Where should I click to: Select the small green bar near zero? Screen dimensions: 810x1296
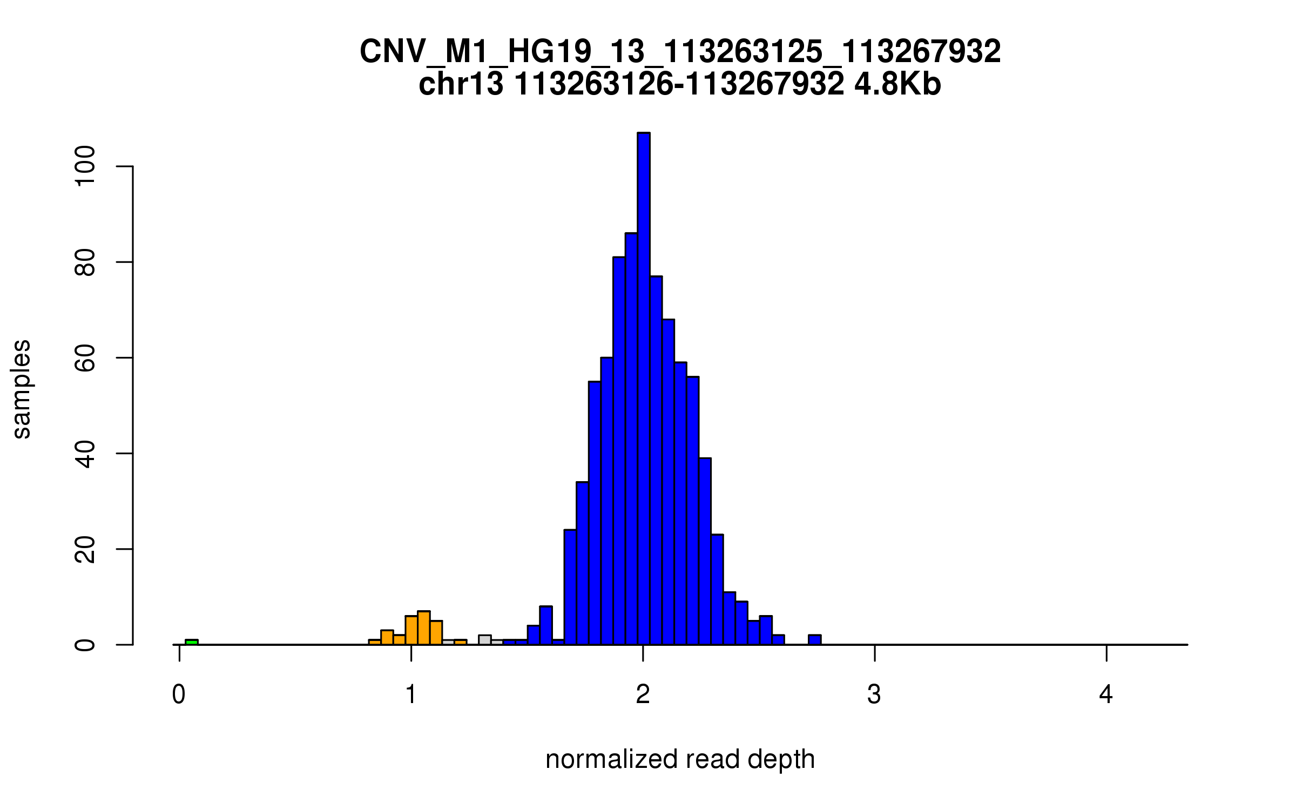coord(191,642)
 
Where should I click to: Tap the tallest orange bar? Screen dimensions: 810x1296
coord(424,628)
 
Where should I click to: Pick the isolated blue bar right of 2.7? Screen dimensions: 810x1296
coord(814,640)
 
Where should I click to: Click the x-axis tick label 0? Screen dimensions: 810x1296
coord(179,694)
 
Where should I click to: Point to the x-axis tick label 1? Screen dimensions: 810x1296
coord(411,694)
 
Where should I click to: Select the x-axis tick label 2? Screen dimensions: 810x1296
coord(643,694)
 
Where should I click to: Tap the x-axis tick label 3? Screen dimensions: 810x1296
coord(874,694)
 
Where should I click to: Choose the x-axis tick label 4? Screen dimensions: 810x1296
coord(1106,694)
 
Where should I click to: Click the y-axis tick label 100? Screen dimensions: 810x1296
coord(85,166)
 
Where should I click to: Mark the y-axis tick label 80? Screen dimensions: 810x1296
coord(85,262)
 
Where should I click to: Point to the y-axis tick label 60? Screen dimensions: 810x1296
coord(85,358)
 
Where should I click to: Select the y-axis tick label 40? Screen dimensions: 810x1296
coord(85,454)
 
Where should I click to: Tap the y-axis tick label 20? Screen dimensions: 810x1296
coord(85,549)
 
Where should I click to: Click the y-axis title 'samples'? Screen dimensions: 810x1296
coord(22,389)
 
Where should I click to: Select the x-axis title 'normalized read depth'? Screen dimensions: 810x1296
coord(680,759)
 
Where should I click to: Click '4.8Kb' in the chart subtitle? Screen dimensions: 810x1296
coord(897,84)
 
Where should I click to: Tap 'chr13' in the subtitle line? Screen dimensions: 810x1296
coord(461,84)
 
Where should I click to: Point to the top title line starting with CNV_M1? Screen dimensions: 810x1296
coord(680,52)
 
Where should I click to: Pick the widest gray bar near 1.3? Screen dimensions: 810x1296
coord(484,640)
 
